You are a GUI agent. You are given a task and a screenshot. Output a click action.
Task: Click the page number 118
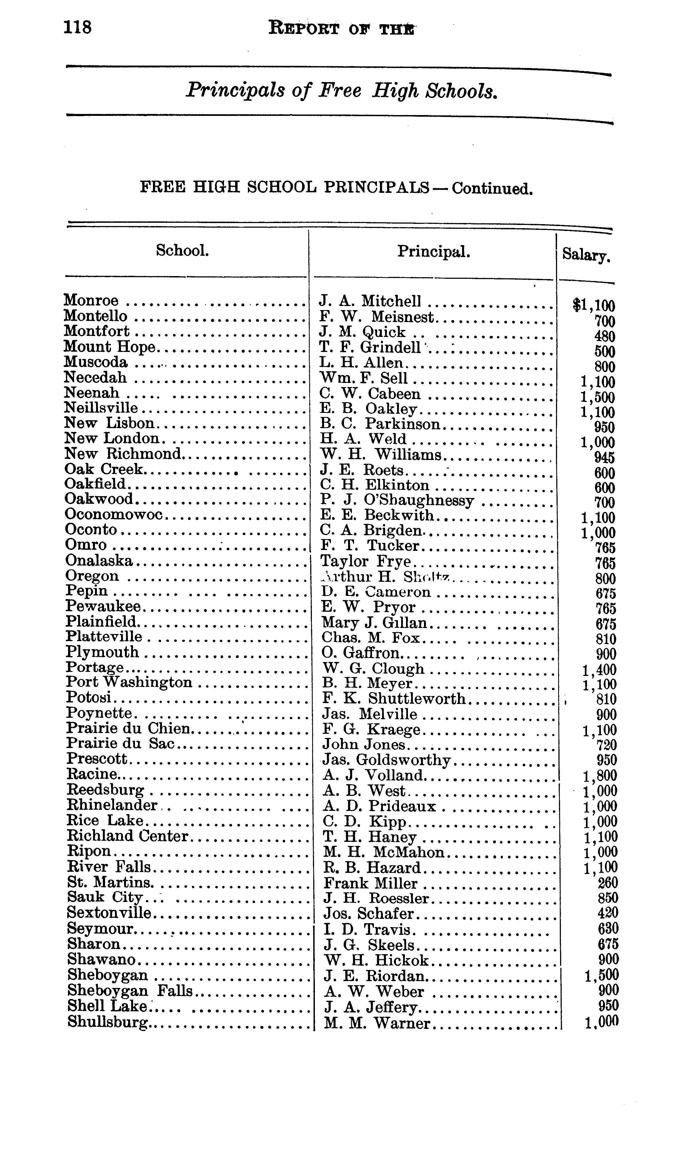click(x=78, y=28)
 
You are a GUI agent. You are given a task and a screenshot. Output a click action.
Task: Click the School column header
click(x=183, y=251)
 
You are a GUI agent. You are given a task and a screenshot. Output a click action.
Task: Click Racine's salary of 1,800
click(x=600, y=776)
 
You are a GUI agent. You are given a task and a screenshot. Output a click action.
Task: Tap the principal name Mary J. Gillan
click(x=375, y=623)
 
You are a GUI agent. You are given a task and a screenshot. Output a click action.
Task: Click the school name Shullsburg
click(x=109, y=1022)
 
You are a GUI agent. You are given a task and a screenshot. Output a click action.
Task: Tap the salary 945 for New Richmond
click(x=604, y=458)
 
